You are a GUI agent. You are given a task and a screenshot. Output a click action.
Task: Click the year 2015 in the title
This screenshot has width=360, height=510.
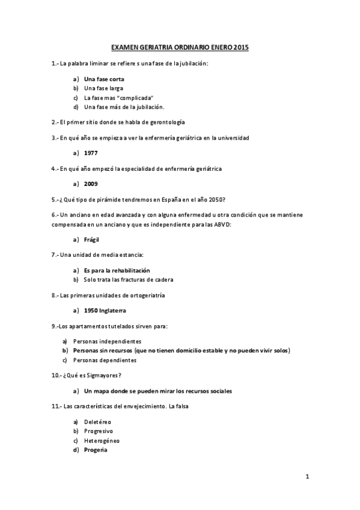(x=241, y=46)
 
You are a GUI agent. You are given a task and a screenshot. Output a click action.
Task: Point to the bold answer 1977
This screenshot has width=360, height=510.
(x=91, y=153)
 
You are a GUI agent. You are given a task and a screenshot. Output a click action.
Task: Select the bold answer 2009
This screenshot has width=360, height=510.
(x=91, y=183)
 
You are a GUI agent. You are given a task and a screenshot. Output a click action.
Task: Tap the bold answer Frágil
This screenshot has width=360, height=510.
(x=93, y=239)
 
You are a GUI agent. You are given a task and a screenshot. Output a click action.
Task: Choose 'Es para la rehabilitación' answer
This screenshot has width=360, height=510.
(x=117, y=270)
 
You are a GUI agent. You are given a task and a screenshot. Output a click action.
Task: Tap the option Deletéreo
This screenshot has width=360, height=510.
(x=98, y=422)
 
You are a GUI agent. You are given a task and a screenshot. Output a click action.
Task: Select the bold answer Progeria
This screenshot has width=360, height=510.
(x=96, y=449)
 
